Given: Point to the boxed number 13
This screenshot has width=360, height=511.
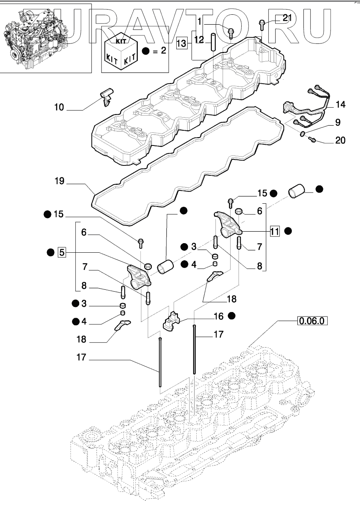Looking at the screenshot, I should (x=182, y=42).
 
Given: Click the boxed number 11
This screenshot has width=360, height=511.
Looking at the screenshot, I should (x=274, y=231).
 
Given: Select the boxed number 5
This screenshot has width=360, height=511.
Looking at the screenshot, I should (x=62, y=252).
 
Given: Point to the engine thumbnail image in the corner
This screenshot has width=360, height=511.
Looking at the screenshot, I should (x=45, y=38).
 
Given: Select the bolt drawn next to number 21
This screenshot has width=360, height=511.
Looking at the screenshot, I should (x=262, y=24).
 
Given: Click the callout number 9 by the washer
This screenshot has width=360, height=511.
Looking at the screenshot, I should (x=337, y=123).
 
